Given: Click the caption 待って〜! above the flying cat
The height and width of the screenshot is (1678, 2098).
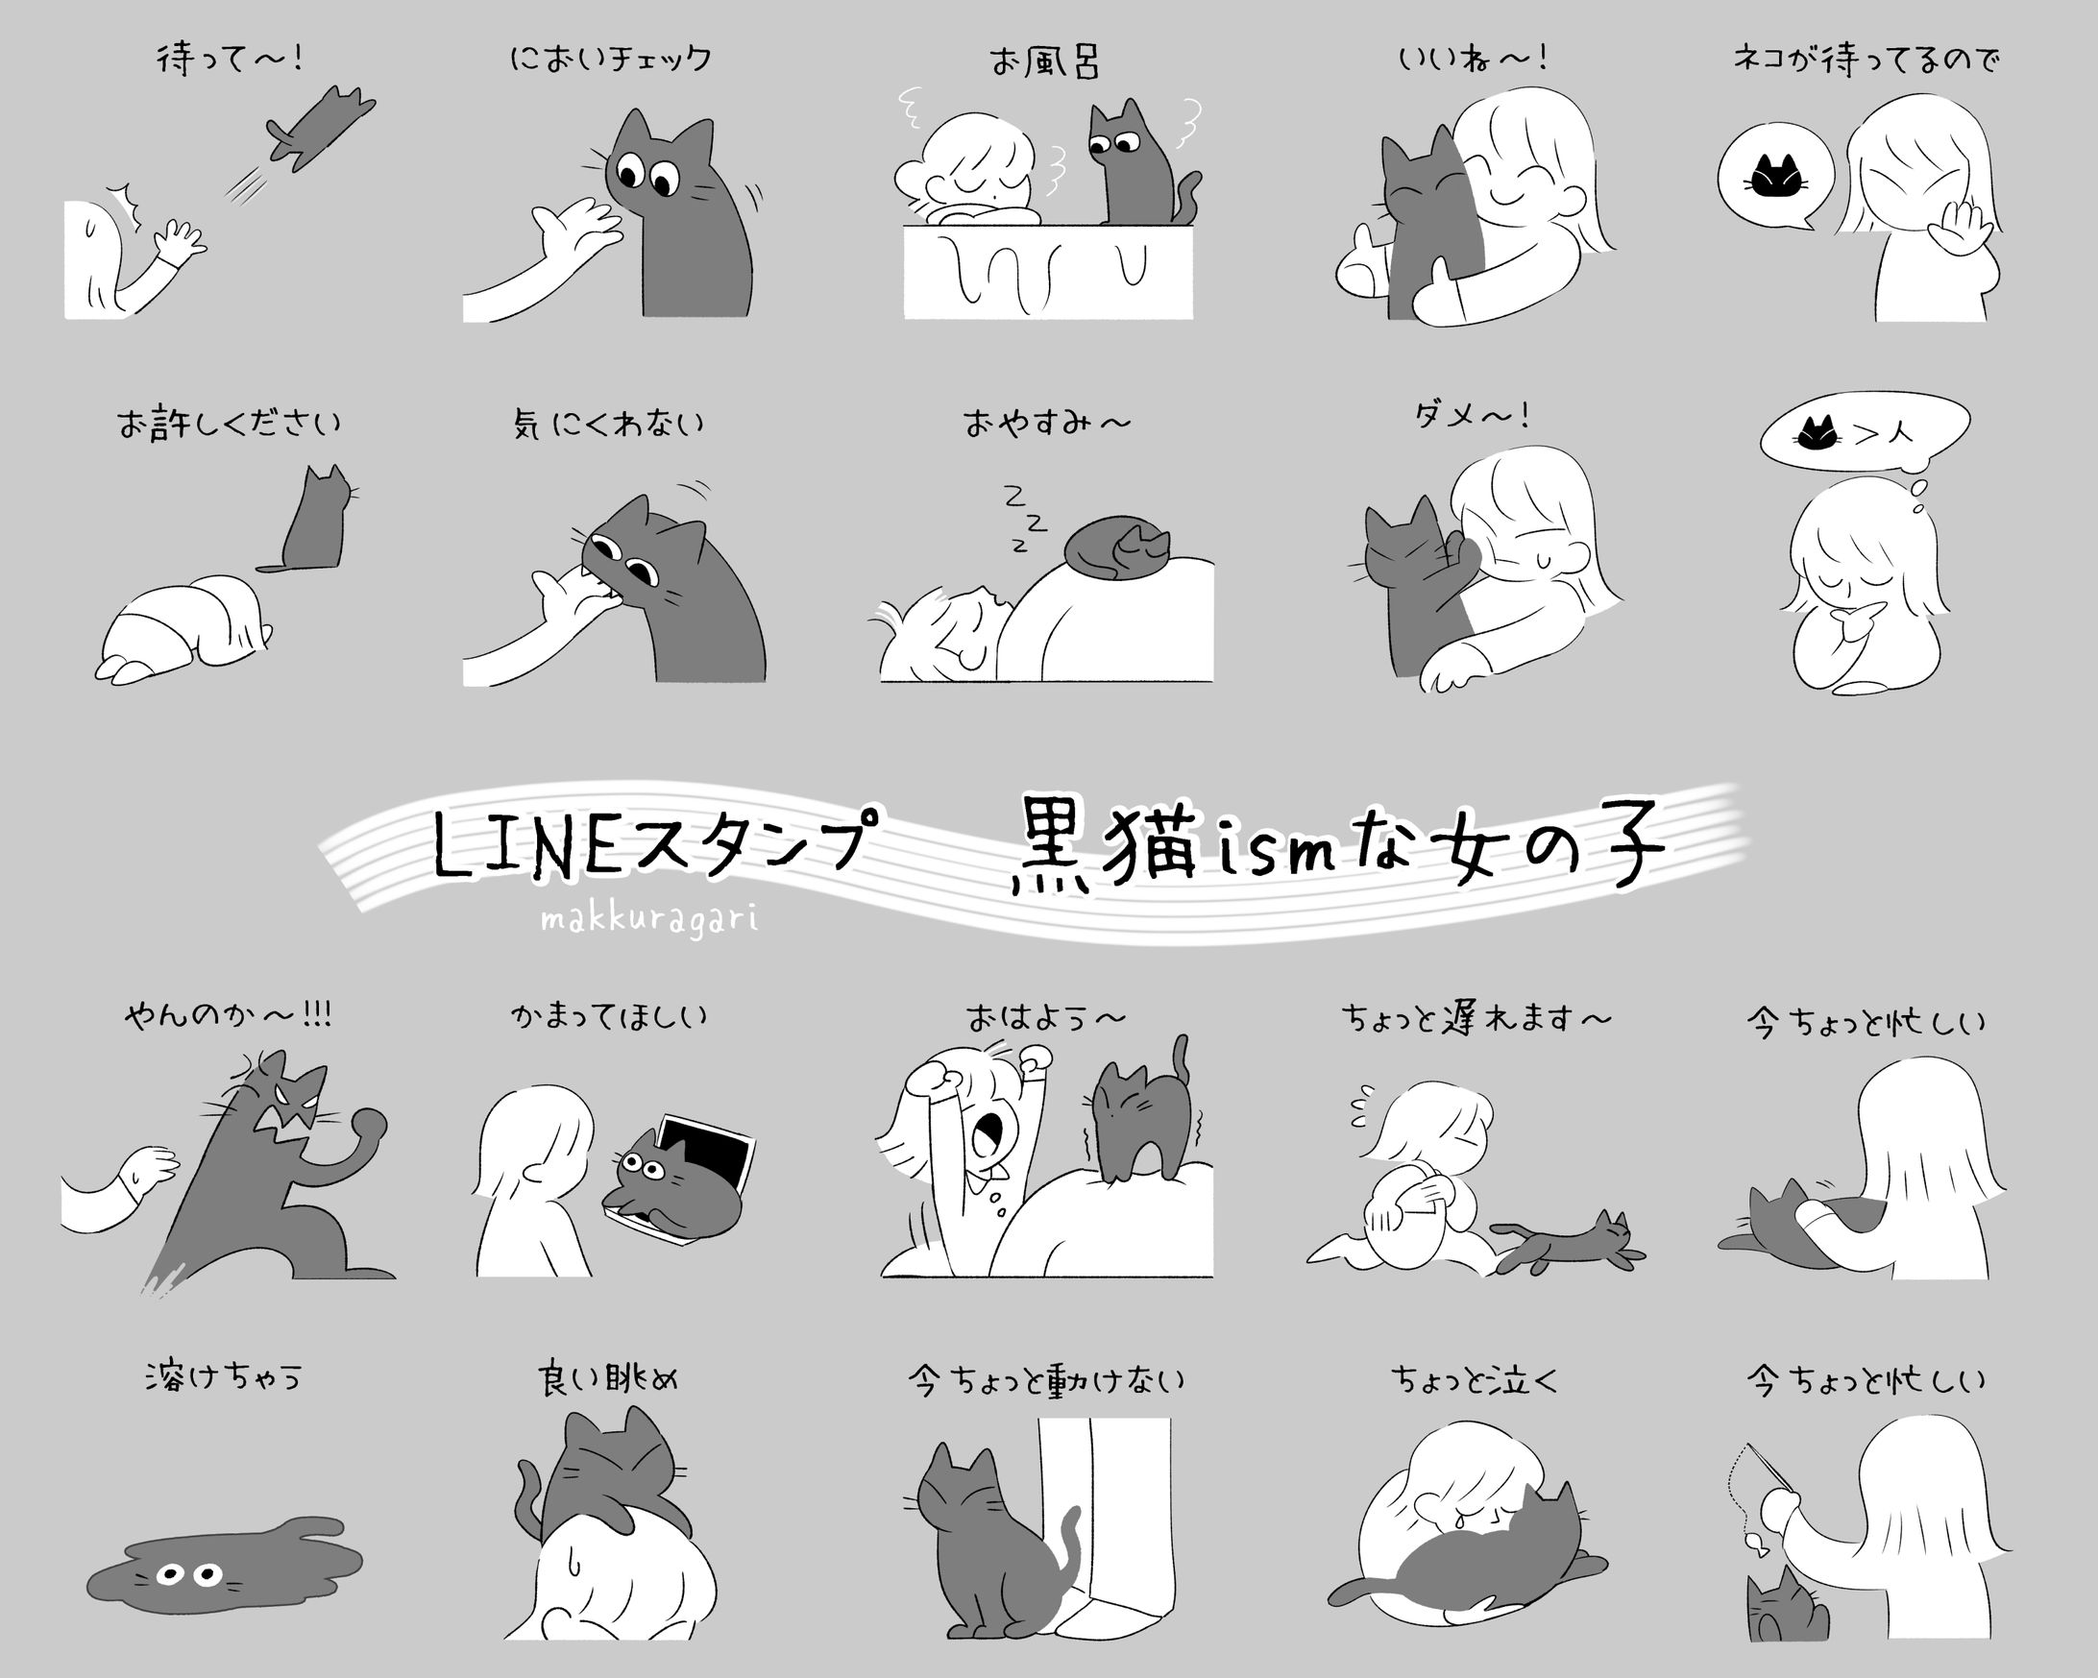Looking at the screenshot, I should (x=230, y=60).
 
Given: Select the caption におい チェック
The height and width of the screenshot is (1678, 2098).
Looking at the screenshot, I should (x=610, y=60).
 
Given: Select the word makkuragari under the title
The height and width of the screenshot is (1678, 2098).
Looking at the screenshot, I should (x=648, y=919).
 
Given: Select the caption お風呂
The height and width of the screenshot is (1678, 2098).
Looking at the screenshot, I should (x=1045, y=62).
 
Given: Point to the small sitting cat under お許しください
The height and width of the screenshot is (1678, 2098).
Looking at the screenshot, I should (x=316, y=521).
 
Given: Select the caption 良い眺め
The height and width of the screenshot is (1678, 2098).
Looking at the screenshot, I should (x=607, y=1379).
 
